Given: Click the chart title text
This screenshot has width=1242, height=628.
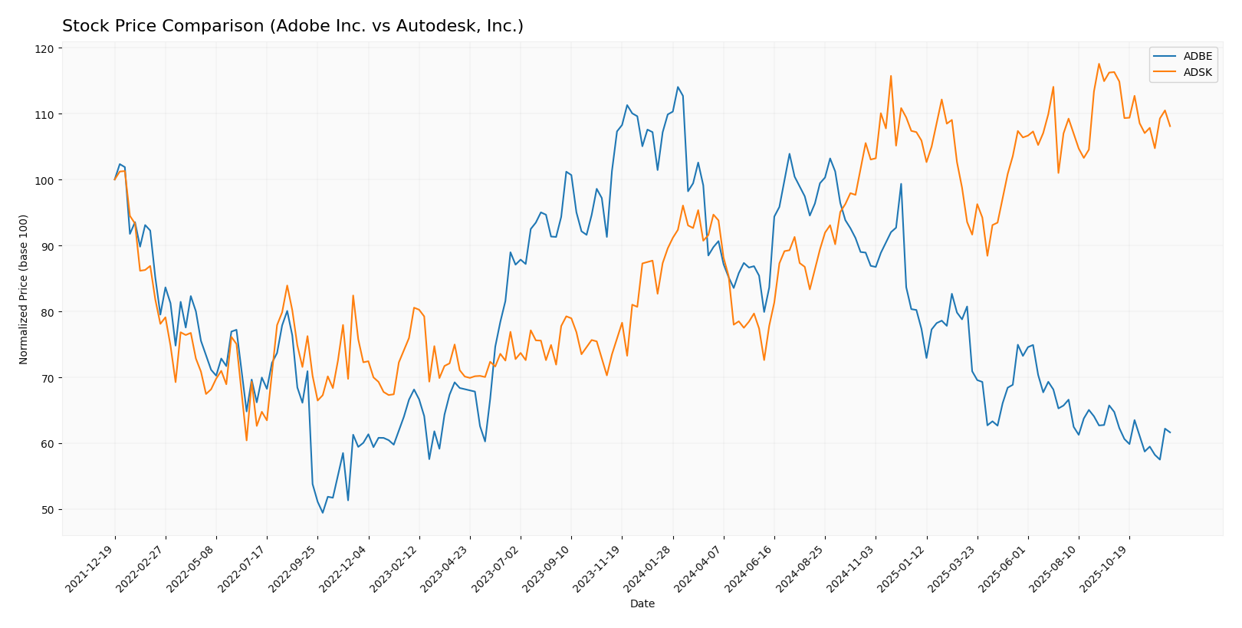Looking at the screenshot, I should (x=293, y=27).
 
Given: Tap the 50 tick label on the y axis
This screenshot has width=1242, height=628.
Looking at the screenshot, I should (x=47, y=510).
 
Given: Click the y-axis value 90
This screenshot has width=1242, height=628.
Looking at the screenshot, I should (x=47, y=246).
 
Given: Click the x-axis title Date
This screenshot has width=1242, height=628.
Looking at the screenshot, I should (x=642, y=604).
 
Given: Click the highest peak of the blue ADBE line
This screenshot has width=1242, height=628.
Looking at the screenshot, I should (x=678, y=87).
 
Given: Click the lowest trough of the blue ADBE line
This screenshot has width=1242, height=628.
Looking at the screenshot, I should (x=323, y=512).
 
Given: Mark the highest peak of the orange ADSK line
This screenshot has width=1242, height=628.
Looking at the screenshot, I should (x=1099, y=64).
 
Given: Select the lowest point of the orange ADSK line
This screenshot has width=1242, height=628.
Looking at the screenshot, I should (x=246, y=440).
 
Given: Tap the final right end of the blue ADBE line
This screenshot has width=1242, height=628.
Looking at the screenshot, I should (x=1170, y=432).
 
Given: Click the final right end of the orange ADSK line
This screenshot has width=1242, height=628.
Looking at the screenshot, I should (x=1170, y=126).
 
